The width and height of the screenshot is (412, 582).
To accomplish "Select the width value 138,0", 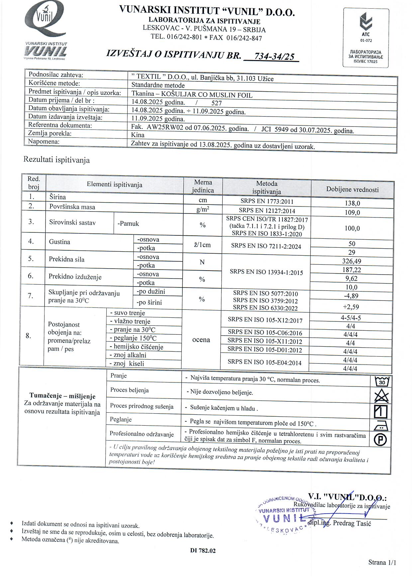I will point(353,203).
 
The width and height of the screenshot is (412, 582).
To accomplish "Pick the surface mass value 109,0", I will point(353,212).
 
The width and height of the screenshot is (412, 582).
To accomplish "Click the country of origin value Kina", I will point(138,135).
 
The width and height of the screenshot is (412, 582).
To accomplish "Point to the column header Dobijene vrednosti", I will point(352,190).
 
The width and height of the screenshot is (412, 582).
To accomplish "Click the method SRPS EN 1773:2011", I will point(267,201).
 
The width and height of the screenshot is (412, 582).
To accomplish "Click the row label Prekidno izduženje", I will point(75,277).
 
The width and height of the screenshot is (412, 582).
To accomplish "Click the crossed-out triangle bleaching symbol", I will point(381,396).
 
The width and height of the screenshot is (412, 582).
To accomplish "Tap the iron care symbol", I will point(381,426).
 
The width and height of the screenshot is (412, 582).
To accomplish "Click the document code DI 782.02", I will point(203,550).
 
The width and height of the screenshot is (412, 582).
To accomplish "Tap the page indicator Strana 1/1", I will point(382,562).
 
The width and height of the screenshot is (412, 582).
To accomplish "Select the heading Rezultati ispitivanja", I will point(56,160).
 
